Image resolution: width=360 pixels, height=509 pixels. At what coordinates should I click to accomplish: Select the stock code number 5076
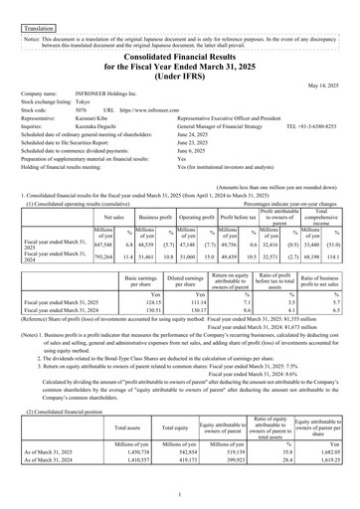(x=84, y=108)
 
